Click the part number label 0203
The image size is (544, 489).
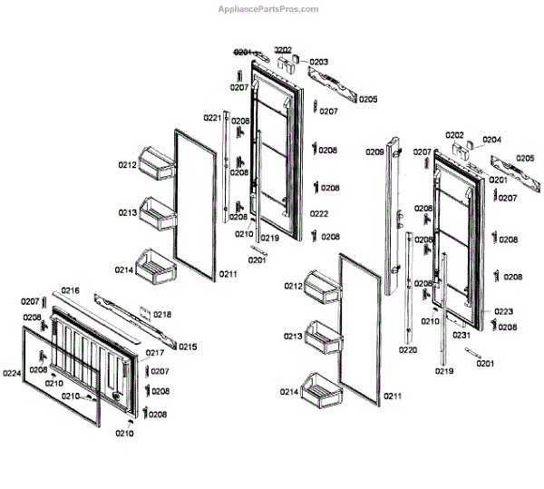click(x=318, y=62)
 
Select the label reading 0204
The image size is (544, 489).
click(x=491, y=140)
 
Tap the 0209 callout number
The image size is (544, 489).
click(x=374, y=152)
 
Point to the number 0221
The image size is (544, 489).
click(x=211, y=118)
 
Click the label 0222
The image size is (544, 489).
click(x=318, y=214)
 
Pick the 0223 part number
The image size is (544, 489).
click(x=504, y=311)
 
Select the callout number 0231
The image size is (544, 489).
click(x=461, y=336)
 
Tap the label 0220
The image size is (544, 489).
click(x=408, y=350)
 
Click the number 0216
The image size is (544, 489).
click(x=70, y=291)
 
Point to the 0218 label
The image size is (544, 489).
click(x=161, y=315)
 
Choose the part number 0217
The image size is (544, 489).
click(x=155, y=353)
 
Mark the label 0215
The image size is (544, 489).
click(x=187, y=347)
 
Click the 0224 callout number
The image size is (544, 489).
click(x=12, y=373)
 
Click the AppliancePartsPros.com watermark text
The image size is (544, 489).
click(x=268, y=9)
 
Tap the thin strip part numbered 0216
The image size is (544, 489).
click(x=95, y=310)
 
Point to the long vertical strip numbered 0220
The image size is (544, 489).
click(x=410, y=290)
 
